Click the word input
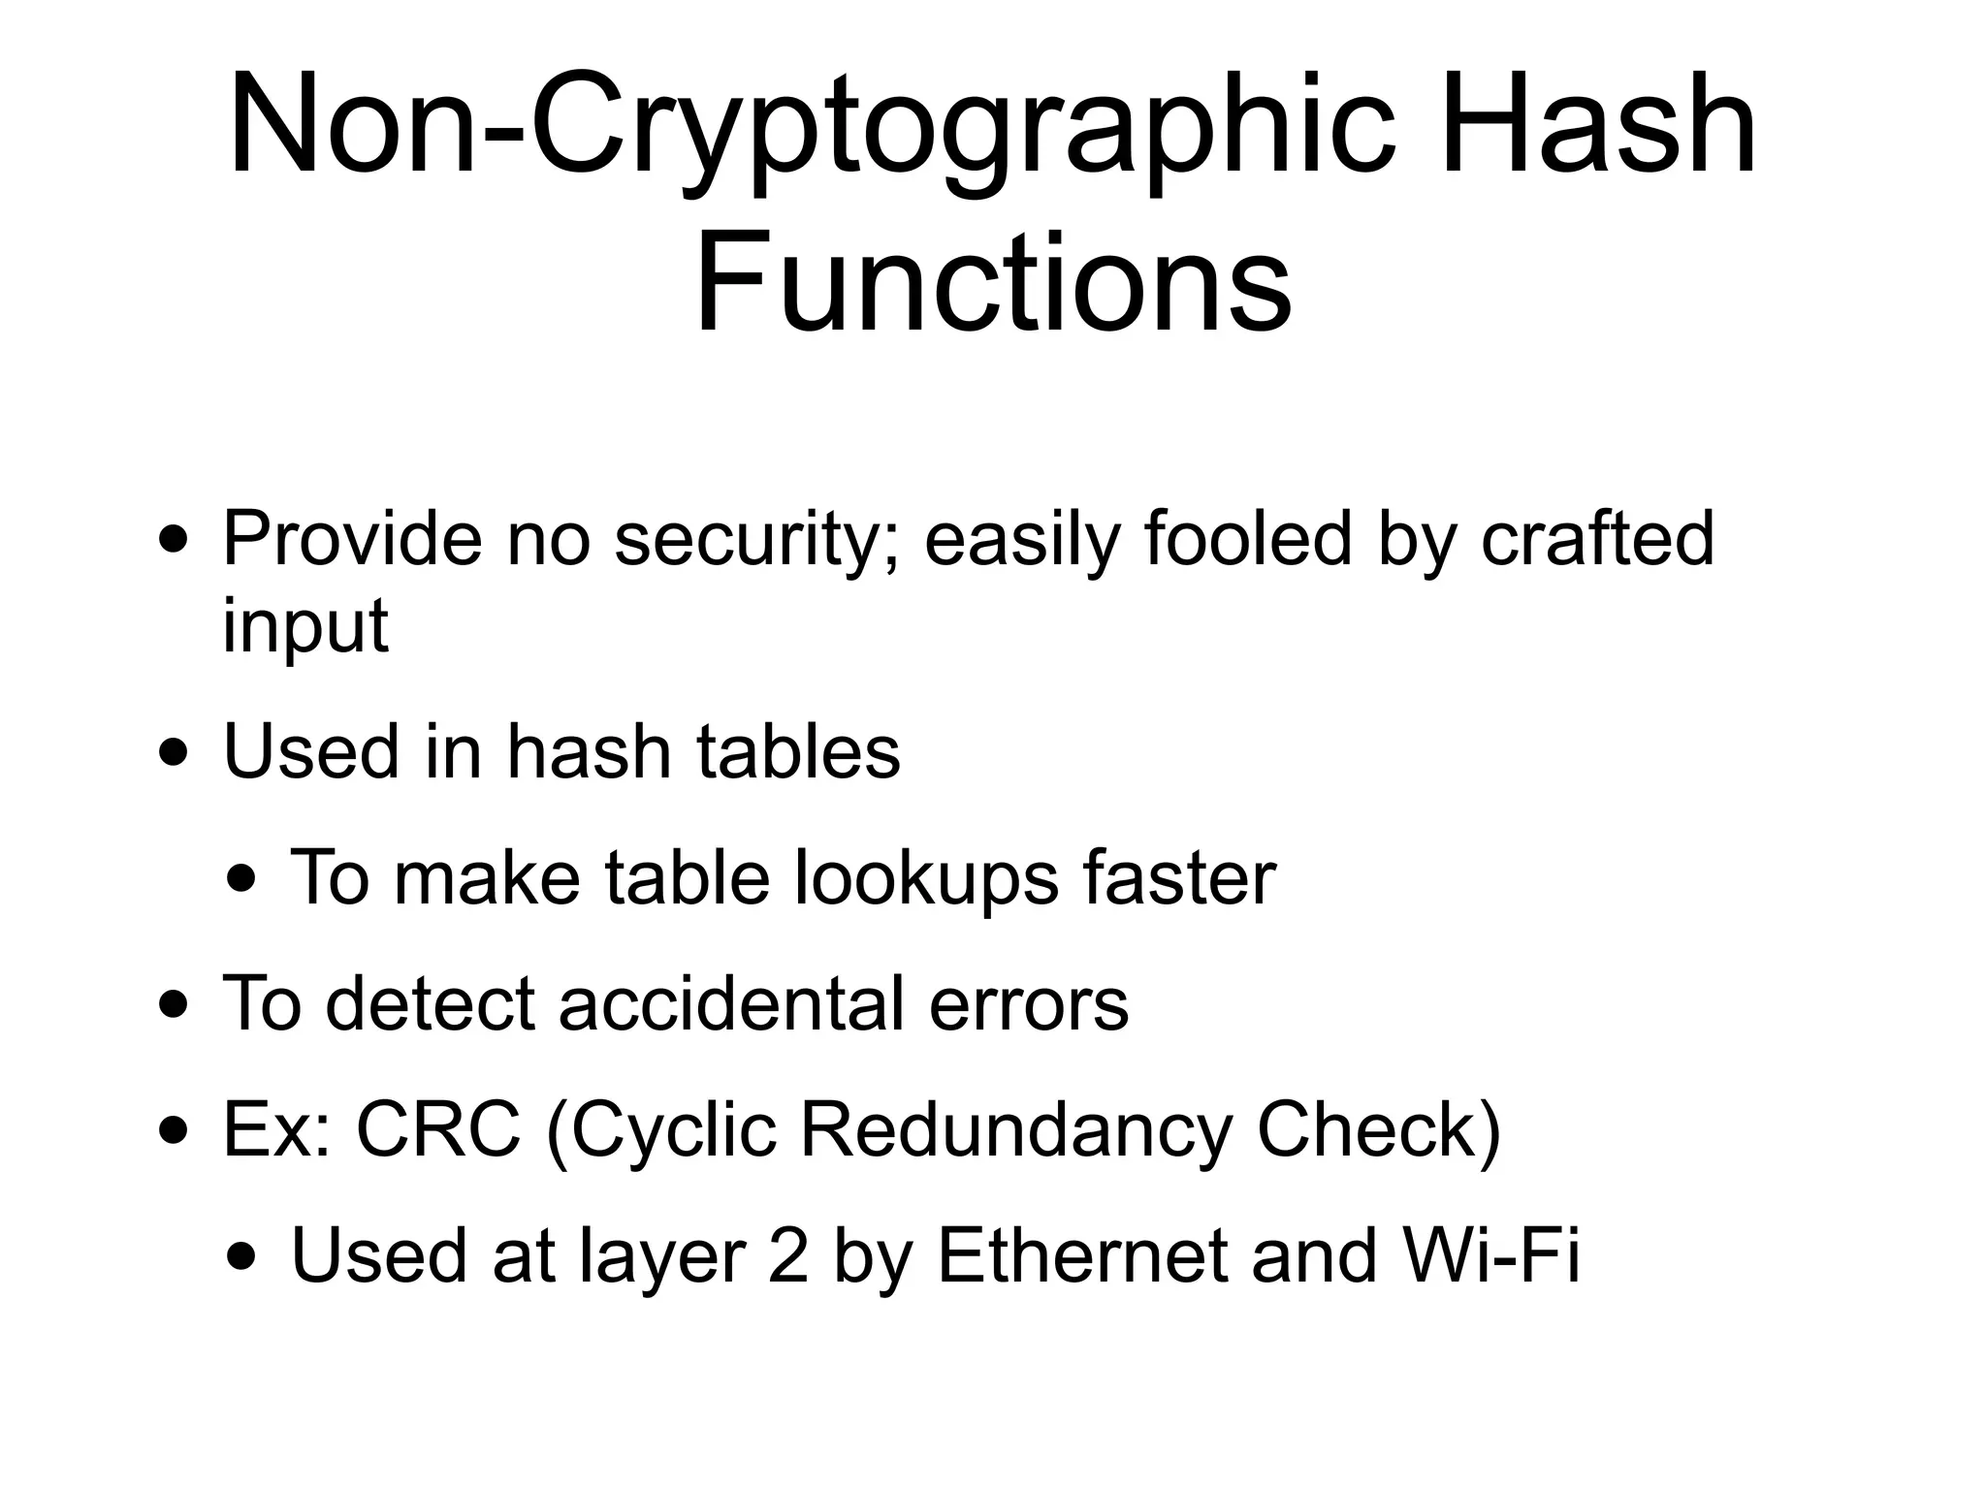(305, 627)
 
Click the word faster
(1179, 878)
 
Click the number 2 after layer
(787, 1256)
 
